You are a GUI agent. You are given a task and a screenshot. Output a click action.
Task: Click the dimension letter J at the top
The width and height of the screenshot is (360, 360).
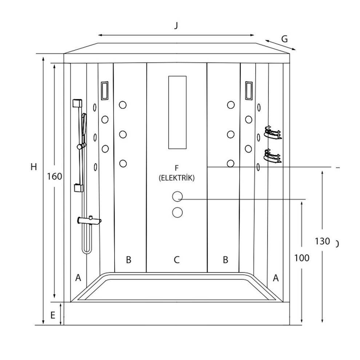176,26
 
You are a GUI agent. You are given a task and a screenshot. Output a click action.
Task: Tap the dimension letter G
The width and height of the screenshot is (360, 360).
284,39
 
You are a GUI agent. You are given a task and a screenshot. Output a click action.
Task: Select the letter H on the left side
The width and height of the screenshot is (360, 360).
33,167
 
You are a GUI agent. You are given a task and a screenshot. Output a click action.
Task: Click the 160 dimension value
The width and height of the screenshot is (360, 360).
55,176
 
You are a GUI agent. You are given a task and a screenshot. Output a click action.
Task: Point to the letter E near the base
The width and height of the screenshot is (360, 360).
53,315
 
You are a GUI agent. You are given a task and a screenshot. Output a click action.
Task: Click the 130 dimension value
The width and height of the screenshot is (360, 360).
322,241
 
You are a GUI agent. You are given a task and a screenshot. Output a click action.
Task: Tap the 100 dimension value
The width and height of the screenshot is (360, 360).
301,258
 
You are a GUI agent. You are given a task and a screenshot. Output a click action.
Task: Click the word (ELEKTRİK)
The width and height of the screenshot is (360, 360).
176,178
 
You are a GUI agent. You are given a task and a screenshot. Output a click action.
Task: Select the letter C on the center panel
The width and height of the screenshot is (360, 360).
176,260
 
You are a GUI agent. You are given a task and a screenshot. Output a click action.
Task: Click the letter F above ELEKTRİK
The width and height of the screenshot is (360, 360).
177,168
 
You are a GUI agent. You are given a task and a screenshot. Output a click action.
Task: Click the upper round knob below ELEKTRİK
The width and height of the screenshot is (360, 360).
177,197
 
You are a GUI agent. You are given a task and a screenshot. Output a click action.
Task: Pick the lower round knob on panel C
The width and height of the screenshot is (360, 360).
177,212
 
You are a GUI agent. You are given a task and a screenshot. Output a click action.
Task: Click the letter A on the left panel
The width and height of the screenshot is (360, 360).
78,278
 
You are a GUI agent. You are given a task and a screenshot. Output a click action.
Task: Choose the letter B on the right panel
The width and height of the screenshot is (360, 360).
225,260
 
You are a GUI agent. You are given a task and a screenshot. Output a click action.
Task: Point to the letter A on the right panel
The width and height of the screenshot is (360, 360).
276,278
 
